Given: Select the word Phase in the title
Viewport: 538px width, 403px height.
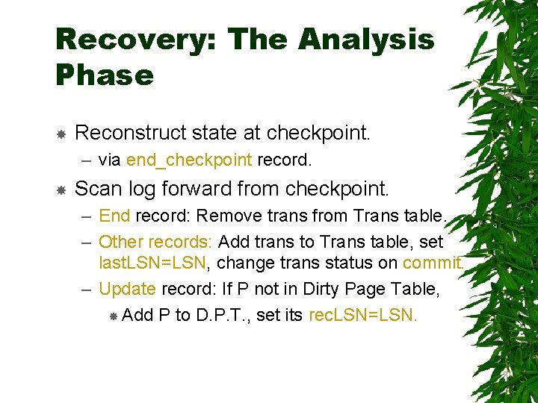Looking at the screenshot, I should tap(105, 75).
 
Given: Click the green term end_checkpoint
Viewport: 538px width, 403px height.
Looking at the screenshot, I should tap(190, 160).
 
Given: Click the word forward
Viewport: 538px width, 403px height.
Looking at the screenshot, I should tap(214, 188).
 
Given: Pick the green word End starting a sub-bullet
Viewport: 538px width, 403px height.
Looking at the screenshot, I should tap(114, 216).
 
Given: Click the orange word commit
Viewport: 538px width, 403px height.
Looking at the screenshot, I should tap(433, 263).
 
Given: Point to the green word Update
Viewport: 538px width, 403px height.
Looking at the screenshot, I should tap(127, 289).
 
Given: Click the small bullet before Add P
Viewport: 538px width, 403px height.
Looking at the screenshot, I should tap(114, 316).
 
